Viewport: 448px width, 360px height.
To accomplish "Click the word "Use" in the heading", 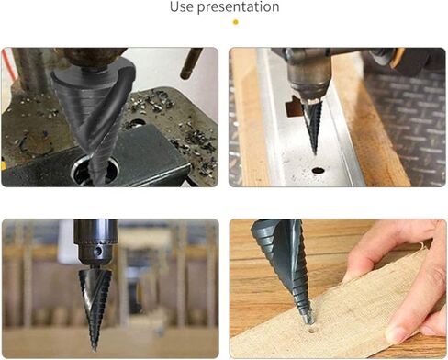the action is point(182,6).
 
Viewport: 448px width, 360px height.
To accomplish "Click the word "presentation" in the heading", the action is point(238,7).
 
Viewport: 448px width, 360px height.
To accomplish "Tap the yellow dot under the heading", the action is point(235,22).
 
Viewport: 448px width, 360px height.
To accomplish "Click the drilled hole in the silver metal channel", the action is point(319,170).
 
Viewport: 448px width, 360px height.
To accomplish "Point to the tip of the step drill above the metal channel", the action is point(314,153).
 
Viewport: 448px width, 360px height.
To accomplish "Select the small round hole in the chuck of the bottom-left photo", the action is point(98,252).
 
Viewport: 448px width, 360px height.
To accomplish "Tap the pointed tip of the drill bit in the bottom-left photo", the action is point(94,350).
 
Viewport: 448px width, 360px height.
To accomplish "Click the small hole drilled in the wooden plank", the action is point(312,331).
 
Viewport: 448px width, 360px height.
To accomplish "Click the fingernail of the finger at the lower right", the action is point(396,333).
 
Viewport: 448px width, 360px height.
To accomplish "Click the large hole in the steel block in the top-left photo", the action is point(95,169).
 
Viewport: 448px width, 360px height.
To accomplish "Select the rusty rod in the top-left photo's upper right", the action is point(191,63).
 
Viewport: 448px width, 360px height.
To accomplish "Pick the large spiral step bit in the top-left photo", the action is point(95,117).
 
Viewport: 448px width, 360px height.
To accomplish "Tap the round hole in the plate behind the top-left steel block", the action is point(136,123).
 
